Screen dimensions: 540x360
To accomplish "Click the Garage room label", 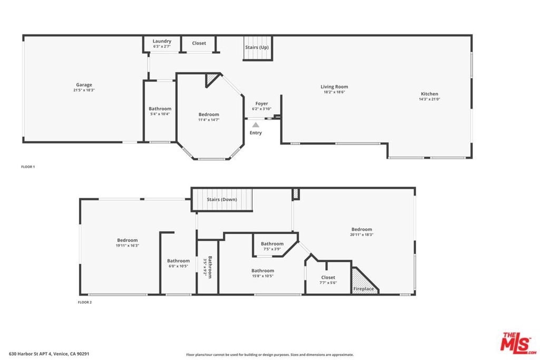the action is (x=84, y=85).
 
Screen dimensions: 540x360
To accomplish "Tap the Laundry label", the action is (x=162, y=41).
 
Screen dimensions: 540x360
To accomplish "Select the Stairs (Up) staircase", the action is (x=258, y=48).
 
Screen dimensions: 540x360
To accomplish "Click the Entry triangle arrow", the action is (x=256, y=125).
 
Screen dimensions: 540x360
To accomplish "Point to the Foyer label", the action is (x=262, y=103).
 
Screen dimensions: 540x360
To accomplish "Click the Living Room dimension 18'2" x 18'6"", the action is (x=334, y=92).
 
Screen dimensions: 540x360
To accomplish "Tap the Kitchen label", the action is (x=429, y=94).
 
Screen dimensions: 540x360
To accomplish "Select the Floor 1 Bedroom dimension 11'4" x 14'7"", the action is (x=209, y=120).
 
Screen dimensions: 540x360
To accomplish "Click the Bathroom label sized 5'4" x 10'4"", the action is (x=160, y=109).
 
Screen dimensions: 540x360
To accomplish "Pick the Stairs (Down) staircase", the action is (x=222, y=200).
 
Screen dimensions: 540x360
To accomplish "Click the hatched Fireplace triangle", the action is (x=364, y=280).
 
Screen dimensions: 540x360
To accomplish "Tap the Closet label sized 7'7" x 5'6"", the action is (x=328, y=277).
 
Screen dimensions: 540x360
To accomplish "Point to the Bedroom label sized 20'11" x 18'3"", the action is (x=362, y=229).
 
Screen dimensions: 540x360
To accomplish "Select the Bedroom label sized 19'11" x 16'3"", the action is (x=128, y=240).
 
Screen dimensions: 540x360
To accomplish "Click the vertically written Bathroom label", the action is (x=210, y=267).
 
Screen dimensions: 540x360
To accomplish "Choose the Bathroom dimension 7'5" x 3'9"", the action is (x=272, y=249).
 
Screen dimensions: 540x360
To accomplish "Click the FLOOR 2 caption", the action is (x=85, y=302).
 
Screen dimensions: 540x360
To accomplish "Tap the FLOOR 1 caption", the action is (x=28, y=167).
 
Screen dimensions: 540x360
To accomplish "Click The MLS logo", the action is (x=518, y=343).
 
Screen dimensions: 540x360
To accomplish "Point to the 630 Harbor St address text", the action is (x=49, y=354).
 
